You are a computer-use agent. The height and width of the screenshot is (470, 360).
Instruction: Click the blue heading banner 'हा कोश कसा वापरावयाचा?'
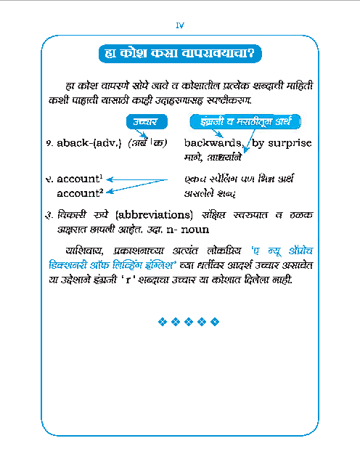tap(179, 54)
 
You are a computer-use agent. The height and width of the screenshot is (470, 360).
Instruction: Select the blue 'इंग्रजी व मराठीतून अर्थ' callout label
tap(246, 121)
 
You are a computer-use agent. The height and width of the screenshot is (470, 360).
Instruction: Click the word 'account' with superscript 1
tap(78, 179)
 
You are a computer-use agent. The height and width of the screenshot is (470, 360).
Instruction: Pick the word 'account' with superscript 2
tap(78, 193)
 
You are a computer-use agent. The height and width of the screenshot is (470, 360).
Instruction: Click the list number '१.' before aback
tap(47, 144)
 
